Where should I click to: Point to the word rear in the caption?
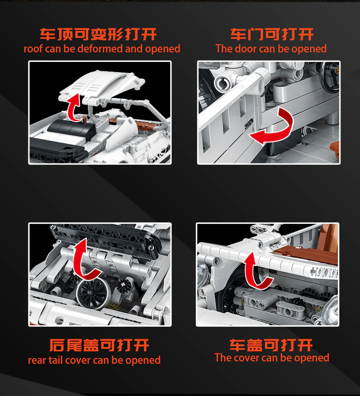point(37,360)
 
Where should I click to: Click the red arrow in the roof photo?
point(73,108)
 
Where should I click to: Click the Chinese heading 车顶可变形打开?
point(98,34)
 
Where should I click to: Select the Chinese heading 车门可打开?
point(272,34)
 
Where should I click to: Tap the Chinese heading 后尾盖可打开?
point(99,345)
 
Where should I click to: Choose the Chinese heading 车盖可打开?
point(271,345)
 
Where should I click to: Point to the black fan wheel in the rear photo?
point(92,294)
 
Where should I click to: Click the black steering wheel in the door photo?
point(330,76)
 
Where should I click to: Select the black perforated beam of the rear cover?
point(106,240)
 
